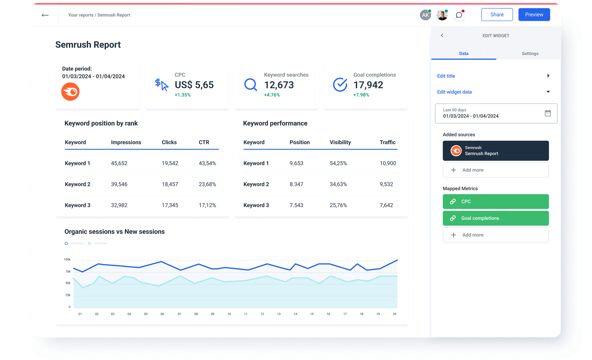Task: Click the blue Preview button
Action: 534,14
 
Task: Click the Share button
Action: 497,14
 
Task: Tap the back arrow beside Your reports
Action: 45,15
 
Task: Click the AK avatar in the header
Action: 425,15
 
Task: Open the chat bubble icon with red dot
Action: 459,15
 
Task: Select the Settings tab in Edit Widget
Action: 530,54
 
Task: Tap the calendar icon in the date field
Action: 548,113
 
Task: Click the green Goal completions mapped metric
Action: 496,218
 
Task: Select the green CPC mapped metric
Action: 496,201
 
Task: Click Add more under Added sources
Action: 496,170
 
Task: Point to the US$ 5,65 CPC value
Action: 194,85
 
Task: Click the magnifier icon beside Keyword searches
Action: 250,85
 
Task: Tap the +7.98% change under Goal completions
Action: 361,95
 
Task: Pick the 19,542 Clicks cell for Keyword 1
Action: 170,163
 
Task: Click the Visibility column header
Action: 340,142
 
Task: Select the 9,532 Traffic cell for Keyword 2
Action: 386,184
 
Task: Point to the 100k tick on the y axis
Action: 67,259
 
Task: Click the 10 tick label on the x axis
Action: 229,314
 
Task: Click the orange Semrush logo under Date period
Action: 70,92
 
